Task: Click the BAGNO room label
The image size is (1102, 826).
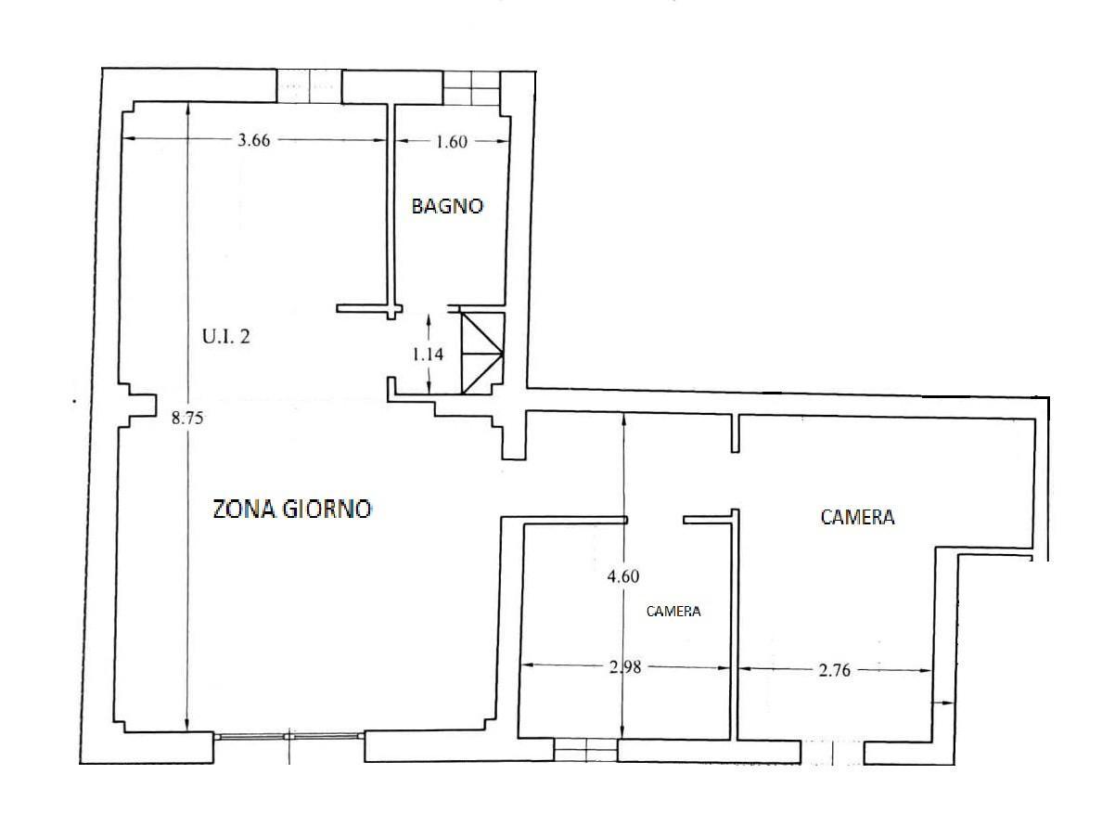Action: pos(447,206)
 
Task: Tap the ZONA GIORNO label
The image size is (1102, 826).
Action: pos(291,509)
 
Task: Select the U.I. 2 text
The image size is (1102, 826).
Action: pos(225,337)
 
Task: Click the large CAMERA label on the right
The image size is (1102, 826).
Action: pos(857,517)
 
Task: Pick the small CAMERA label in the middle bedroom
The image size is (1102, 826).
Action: pos(673,612)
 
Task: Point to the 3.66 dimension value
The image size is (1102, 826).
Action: pos(253,140)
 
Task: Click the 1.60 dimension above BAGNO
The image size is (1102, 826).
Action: pos(451,142)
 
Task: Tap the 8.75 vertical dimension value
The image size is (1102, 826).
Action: pos(187,419)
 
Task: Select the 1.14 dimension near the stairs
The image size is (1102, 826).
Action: pos(428,354)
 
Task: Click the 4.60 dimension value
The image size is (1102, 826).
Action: pos(623,576)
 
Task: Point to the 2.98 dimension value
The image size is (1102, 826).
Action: pos(625,666)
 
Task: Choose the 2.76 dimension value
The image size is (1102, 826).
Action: pos(834,670)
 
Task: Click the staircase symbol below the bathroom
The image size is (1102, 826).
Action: pos(482,353)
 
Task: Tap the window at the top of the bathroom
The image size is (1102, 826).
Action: pos(471,88)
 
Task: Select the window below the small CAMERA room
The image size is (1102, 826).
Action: pos(585,750)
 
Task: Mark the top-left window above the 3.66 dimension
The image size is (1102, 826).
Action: pos(309,86)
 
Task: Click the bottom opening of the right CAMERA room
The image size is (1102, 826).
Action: pos(832,752)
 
